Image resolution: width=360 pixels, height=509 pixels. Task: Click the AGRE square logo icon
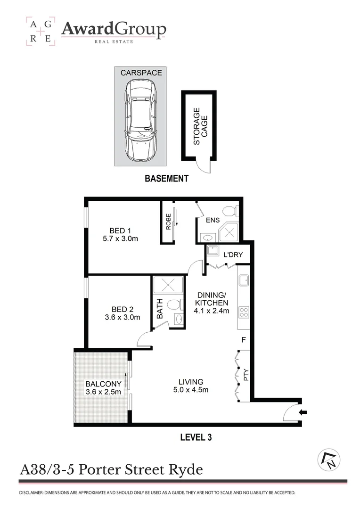click(41, 32)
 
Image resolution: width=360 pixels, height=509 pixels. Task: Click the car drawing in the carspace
click(141, 121)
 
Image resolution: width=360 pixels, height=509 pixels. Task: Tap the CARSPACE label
click(141, 73)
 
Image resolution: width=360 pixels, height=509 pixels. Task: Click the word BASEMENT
click(166, 179)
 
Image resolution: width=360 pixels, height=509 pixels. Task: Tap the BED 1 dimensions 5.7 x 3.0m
click(120, 238)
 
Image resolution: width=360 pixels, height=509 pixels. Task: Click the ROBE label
click(168, 222)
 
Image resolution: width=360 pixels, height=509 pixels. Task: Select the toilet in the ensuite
click(229, 211)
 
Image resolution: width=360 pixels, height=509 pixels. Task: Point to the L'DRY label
click(233, 255)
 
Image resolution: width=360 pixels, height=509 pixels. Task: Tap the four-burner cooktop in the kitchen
click(244, 312)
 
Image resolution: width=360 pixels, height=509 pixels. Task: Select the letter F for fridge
click(244, 339)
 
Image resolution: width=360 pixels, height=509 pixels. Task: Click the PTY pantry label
click(245, 376)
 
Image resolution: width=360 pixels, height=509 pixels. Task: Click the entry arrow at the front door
click(304, 413)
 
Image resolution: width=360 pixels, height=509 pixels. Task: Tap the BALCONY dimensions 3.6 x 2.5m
click(103, 392)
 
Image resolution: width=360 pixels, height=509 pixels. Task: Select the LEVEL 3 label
click(196, 437)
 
